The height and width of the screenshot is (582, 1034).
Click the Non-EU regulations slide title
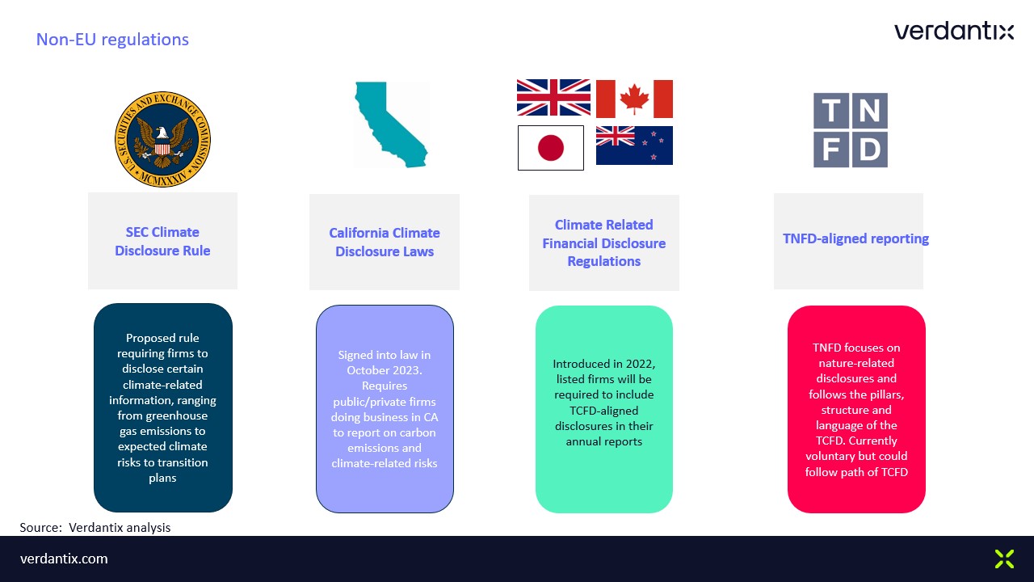click(x=112, y=40)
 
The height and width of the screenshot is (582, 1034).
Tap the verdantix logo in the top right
click(x=954, y=31)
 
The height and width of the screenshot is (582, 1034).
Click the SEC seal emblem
click(x=162, y=139)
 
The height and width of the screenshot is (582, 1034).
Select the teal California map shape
click(x=390, y=124)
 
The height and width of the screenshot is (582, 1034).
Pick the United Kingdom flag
click(x=553, y=98)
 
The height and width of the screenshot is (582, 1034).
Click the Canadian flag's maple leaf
click(x=634, y=99)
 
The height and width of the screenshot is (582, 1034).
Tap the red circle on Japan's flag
click(x=551, y=148)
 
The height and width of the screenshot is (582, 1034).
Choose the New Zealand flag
click(x=634, y=145)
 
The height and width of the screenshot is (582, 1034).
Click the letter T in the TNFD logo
click(x=831, y=111)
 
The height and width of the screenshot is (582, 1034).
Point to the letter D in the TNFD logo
click(x=870, y=150)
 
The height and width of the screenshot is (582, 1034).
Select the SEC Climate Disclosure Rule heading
click(x=162, y=241)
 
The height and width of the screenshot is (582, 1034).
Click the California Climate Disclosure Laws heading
click(x=385, y=242)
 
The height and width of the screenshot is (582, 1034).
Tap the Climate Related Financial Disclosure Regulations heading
click(x=603, y=243)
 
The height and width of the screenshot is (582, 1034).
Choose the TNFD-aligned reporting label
click(x=855, y=238)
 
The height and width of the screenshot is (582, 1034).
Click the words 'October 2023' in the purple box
click(x=384, y=370)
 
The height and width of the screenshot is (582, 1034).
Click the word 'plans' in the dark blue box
click(x=162, y=478)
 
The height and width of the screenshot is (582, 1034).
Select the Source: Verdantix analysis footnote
click(x=95, y=528)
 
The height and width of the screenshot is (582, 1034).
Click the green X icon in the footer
click(x=1004, y=559)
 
